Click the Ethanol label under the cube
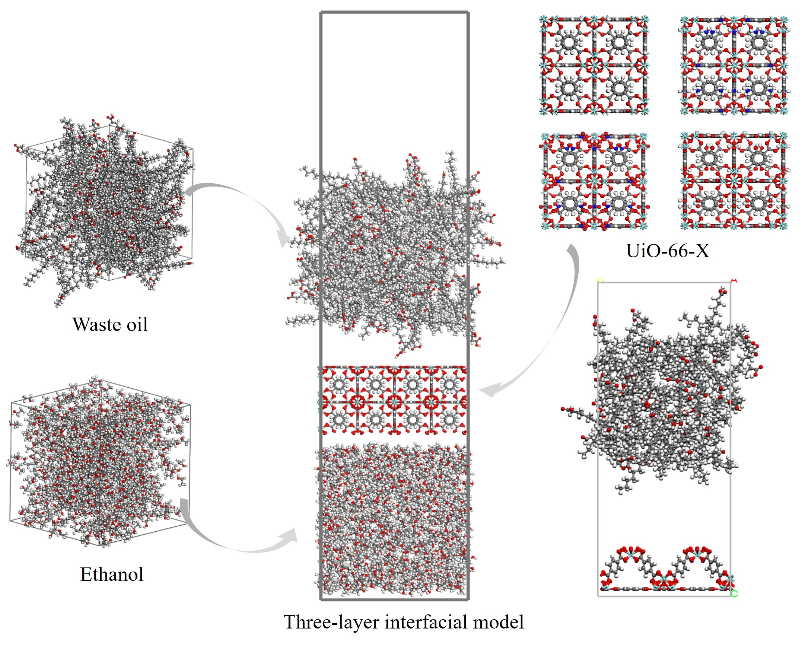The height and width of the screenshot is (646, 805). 112,574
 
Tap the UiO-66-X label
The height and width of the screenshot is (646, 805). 668,251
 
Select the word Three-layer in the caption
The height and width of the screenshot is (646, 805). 331,622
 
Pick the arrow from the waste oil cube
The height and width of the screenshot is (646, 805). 239,202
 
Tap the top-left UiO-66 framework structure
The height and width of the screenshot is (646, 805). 594,66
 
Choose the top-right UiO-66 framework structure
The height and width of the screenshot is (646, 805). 734,66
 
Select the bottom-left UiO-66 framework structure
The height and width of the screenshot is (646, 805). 594,181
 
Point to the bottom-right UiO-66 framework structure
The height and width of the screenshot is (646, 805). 734,181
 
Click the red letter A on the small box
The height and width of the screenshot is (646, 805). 734,280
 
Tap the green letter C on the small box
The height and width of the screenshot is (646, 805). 734,594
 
